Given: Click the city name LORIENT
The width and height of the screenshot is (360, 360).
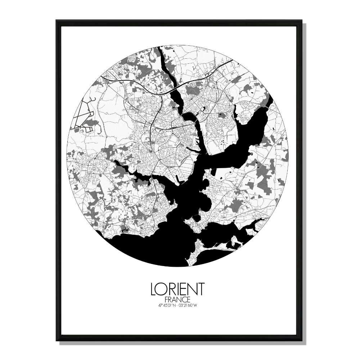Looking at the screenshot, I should coord(177,289).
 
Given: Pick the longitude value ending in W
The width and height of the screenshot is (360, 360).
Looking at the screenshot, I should coord(189,306).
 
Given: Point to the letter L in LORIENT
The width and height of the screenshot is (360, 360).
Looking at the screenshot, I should coord(153,289).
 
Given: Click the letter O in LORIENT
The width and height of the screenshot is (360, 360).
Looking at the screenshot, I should coord(162,289).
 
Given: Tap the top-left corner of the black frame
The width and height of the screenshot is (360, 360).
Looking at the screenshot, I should coord(57,21).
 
